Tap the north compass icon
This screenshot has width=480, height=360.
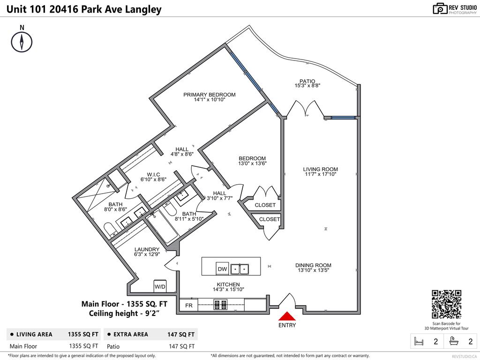pyautogui.click(x=22, y=41)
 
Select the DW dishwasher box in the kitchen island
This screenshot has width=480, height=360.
pyautogui.click(x=222, y=269)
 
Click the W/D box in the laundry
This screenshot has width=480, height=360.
pyautogui.click(x=160, y=286)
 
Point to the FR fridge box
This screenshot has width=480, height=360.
pyautogui.click(x=188, y=305)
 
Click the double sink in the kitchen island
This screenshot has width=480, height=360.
pyautogui.click(x=240, y=269)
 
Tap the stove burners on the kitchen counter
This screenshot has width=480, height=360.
pyautogui.click(x=220, y=305)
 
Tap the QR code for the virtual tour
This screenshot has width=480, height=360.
pyautogui.click(x=446, y=304)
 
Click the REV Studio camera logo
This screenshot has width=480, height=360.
pyautogui.click(x=440, y=8)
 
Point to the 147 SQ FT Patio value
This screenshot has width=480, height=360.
pyautogui.click(x=181, y=346)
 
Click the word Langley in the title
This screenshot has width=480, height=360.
pyautogui.click(x=143, y=9)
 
